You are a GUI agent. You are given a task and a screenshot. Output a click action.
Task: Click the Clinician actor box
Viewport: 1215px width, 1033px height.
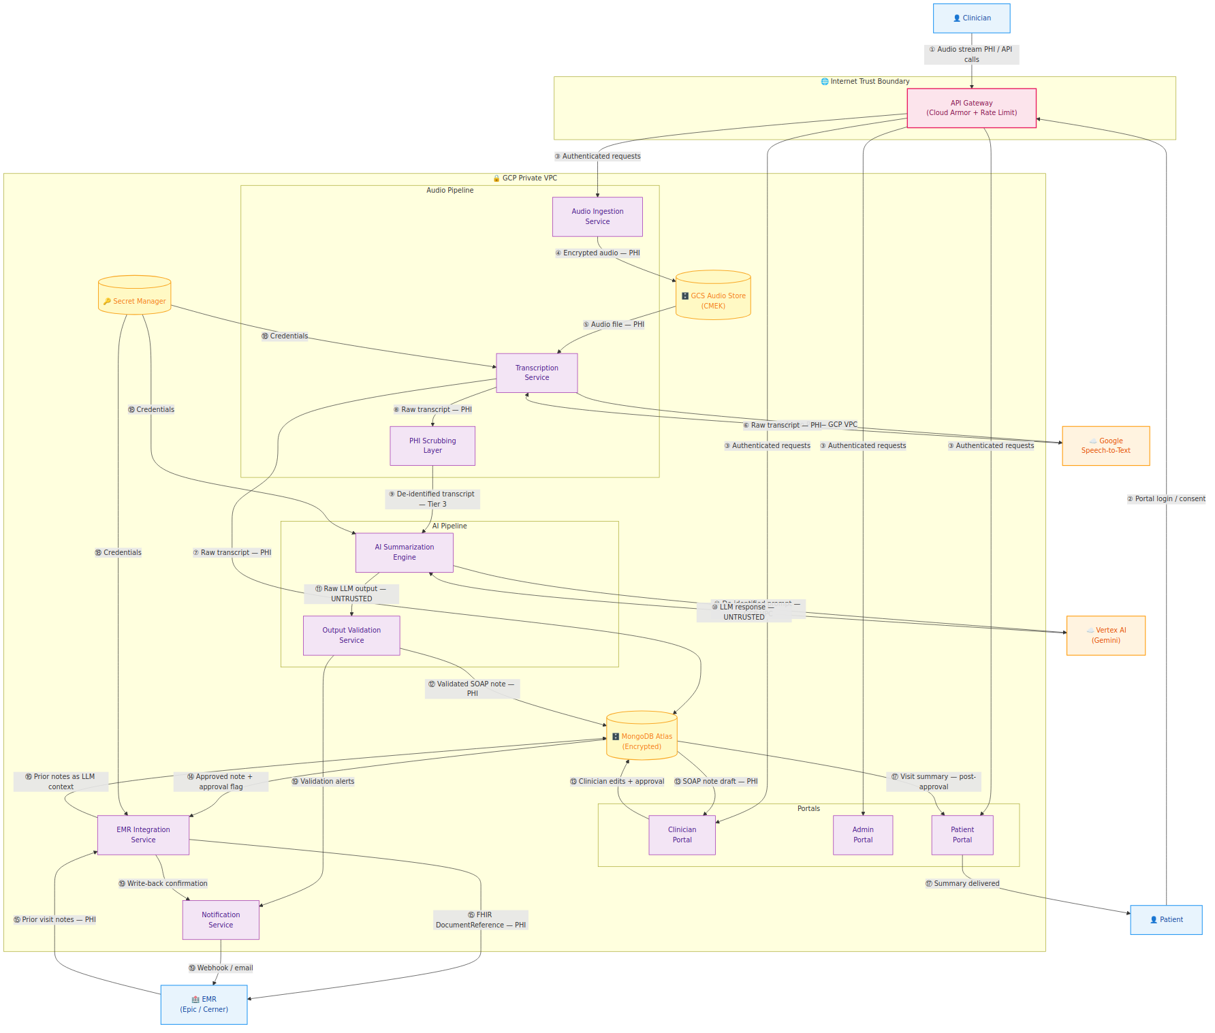[971, 18]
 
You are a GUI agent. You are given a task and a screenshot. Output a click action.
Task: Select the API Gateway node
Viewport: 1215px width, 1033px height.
[971, 108]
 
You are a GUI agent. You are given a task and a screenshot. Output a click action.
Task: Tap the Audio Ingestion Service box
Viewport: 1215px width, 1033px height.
[597, 217]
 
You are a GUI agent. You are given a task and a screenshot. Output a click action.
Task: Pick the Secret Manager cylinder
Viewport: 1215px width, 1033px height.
[135, 296]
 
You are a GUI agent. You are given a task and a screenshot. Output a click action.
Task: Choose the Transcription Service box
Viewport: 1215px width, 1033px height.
[537, 372]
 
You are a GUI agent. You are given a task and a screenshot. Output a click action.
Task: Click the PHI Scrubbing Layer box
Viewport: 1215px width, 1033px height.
[432, 445]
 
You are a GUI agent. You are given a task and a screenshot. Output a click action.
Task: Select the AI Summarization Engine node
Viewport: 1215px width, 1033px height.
[404, 552]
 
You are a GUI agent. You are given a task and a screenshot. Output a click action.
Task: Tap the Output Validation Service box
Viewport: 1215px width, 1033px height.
[351, 635]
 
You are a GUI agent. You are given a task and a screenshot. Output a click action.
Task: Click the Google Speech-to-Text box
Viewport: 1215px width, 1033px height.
[1105, 446]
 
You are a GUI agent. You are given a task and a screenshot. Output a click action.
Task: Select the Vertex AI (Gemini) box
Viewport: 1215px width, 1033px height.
[1105, 635]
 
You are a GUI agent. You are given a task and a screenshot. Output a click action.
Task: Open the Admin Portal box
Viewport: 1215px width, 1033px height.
[863, 835]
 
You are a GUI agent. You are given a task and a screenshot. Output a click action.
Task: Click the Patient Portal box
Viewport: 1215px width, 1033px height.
[962, 835]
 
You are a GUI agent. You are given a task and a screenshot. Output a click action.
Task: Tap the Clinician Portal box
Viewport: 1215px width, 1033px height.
[682, 835]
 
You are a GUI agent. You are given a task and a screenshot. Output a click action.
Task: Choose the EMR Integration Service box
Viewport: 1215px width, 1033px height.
[143, 835]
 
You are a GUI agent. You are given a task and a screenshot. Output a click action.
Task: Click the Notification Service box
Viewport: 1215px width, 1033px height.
[221, 920]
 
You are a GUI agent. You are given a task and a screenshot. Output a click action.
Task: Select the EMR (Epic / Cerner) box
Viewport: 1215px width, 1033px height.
[204, 1004]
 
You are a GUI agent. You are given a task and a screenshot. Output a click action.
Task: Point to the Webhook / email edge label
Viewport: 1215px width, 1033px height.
[221, 968]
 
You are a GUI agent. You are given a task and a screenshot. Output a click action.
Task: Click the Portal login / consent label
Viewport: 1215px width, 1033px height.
[1166, 499]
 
